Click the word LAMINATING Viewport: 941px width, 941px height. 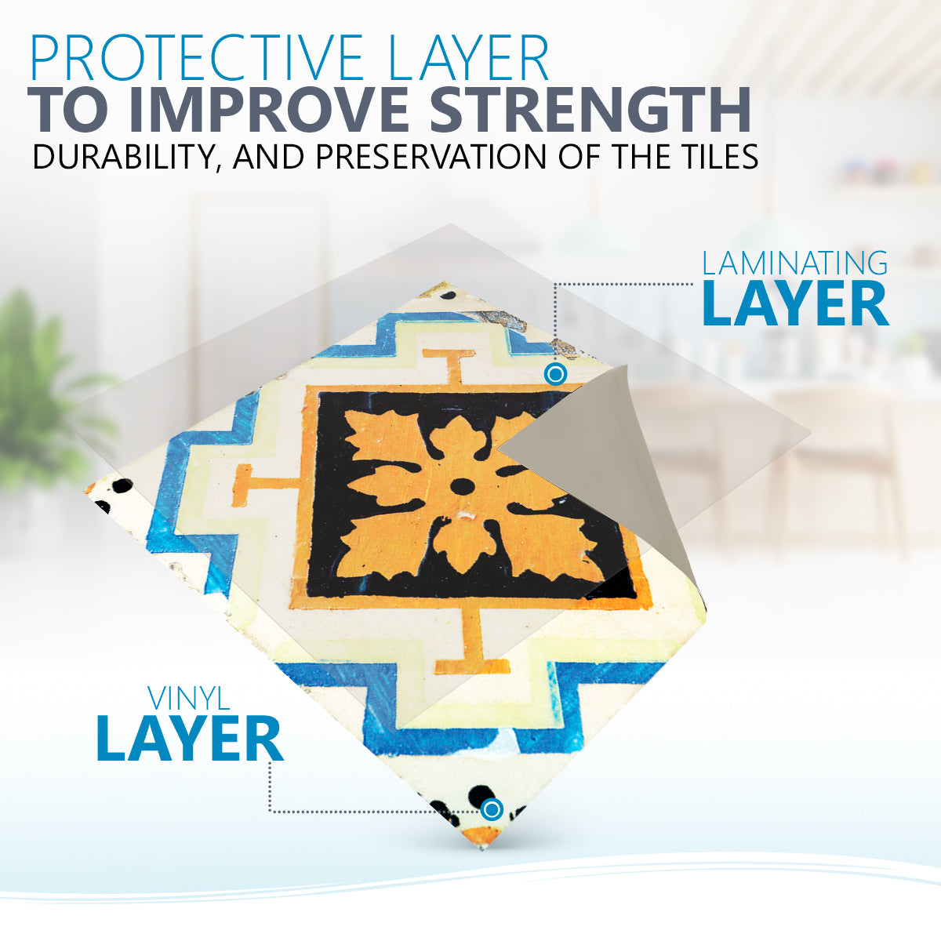[x=795, y=263]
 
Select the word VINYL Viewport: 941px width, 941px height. [x=189, y=699]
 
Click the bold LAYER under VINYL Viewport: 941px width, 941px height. [x=190, y=739]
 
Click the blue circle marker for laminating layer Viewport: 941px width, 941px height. [x=555, y=375]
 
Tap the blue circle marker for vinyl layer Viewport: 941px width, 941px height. [x=492, y=809]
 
